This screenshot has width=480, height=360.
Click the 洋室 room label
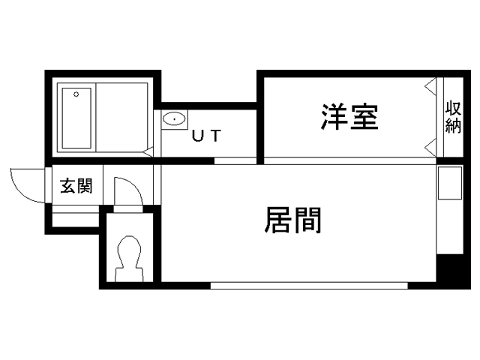pos(349,117)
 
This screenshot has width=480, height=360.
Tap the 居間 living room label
pos(293,220)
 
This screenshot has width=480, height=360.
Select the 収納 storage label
pos(453,117)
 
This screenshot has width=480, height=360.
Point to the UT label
pos(206,136)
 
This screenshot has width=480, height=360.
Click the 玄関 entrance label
pos(76,186)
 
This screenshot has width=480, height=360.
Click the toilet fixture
pos(129,259)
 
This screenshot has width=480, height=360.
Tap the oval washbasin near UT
pos(174,118)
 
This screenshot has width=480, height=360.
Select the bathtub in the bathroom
pos(76,118)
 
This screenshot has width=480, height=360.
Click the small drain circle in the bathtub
pos(76,94)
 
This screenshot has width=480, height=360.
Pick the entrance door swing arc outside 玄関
pos(19,192)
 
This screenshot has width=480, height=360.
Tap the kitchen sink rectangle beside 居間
pos(450,183)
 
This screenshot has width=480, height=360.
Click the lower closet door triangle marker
pos(430,148)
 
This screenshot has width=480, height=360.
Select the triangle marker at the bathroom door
pos(148,152)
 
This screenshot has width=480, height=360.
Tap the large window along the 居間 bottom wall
pos(309,286)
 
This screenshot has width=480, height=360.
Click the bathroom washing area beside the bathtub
pos(121,117)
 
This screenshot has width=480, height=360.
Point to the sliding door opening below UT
pos(235,160)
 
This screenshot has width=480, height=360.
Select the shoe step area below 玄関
pos(76,216)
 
